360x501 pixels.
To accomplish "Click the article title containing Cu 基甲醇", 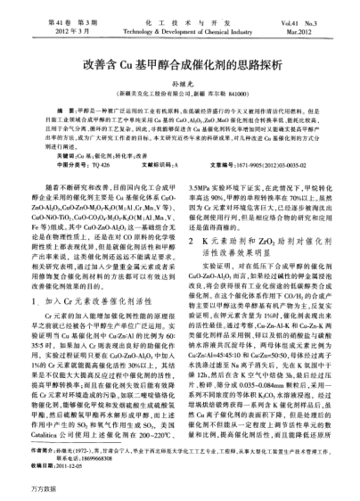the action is click(180, 65).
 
